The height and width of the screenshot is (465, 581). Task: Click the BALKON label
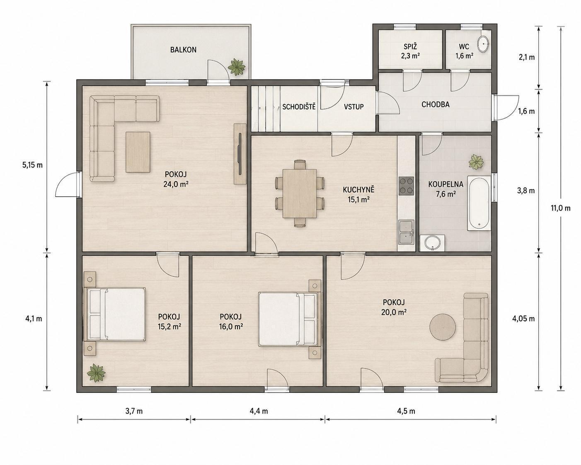[183, 50]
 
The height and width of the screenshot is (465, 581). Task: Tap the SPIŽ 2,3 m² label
[410, 51]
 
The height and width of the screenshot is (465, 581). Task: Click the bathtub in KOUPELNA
[479, 203]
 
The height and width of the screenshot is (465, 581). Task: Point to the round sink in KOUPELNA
[433, 243]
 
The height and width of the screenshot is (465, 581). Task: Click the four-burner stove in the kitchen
[406, 186]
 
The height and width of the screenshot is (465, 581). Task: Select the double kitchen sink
[406, 232]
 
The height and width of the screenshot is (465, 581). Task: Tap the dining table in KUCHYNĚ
[300, 193]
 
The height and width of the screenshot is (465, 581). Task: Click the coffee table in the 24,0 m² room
[138, 152]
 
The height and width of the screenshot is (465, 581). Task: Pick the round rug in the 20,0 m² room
[443, 327]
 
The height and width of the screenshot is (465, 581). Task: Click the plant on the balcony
[237, 67]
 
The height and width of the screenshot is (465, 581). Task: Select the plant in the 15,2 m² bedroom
[96, 373]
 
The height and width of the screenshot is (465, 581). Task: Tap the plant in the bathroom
[476, 162]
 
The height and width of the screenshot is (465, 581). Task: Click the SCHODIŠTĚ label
[299, 107]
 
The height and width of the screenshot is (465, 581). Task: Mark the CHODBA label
[436, 104]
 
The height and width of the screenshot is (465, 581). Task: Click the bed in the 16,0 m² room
[289, 319]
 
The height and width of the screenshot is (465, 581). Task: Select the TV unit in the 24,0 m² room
[240, 154]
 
